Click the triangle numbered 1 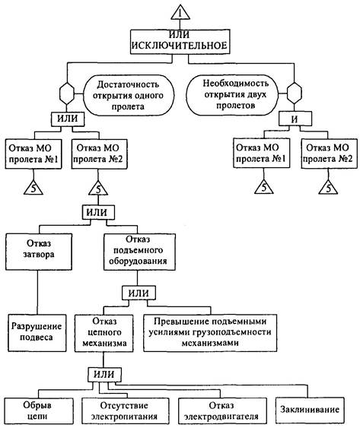pyautogui.click(x=180, y=13)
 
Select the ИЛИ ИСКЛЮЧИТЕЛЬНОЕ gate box pyautogui.click(x=180, y=42)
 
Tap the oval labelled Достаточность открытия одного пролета pyautogui.click(x=128, y=95)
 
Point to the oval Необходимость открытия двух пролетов pyautogui.click(x=232, y=94)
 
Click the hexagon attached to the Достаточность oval pyautogui.click(x=67, y=94)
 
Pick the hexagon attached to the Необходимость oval pyautogui.click(x=295, y=93)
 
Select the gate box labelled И pyautogui.click(x=295, y=119)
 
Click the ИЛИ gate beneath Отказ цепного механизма pyautogui.click(x=104, y=374)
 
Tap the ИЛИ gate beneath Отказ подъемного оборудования pyautogui.click(x=139, y=293)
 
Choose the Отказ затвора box pyautogui.click(x=39, y=252)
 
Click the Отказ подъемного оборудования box pyautogui.click(x=139, y=252)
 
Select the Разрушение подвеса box pyautogui.click(x=37, y=333)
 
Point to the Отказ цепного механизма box pyautogui.click(x=104, y=333)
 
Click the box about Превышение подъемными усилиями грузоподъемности pyautogui.click(x=210, y=333)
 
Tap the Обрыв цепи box pyautogui.click(x=39, y=411)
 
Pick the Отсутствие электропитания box pyautogui.click(x=126, y=411)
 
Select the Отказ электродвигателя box pyautogui.click(x=222, y=411)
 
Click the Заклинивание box pyautogui.click(x=310, y=410)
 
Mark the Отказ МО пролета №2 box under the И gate pyautogui.click(x=329, y=153)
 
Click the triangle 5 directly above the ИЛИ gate pyautogui.click(x=98, y=189)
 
